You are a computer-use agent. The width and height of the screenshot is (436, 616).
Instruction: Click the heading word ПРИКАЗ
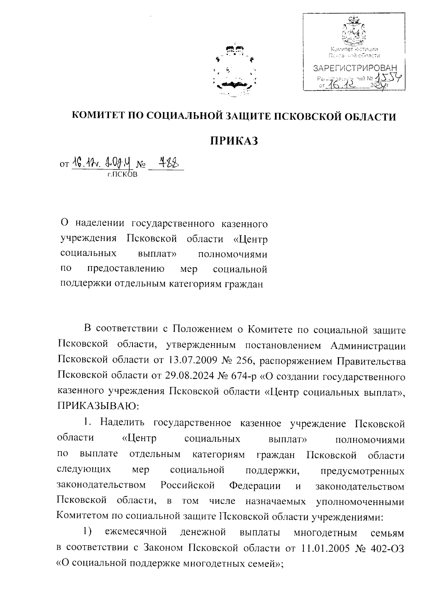[234, 140]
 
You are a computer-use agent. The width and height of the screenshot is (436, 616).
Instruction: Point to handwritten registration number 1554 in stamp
[388, 77]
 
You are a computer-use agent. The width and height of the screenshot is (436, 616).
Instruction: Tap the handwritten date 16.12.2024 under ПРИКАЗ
[102, 164]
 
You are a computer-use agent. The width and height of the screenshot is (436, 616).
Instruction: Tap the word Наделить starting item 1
[122, 423]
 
